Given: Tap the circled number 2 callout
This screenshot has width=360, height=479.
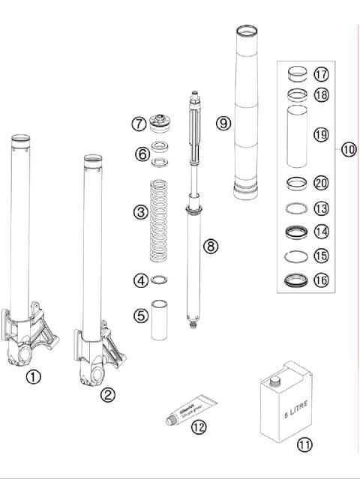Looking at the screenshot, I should pyautogui.click(x=108, y=394).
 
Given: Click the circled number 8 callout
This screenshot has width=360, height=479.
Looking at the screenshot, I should pyautogui.click(x=211, y=246).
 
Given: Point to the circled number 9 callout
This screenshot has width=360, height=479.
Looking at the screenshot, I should pyautogui.click(x=223, y=123).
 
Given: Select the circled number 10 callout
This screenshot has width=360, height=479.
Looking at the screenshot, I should pyautogui.click(x=348, y=148).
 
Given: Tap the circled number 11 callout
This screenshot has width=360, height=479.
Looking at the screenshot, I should pyautogui.click(x=304, y=445).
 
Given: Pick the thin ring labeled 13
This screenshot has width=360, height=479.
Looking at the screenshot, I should pyautogui.click(x=298, y=208).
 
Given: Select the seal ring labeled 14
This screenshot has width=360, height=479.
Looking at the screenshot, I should pyautogui.click(x=298, y=232).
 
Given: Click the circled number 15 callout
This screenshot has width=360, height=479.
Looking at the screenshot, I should pyautogui.click(x=321, y=256).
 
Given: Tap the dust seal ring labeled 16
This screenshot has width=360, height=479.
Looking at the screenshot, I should pyautogui.click(x=298, y=282).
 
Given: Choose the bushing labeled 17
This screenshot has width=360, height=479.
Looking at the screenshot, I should pyautogui.click(x=298, y=73).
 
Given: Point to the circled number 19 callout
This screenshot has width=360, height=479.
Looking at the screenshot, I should pyautogui.click(x=321, y=135).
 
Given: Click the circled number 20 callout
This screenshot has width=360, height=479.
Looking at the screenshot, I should pyautogui.click(x=321, y=183).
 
